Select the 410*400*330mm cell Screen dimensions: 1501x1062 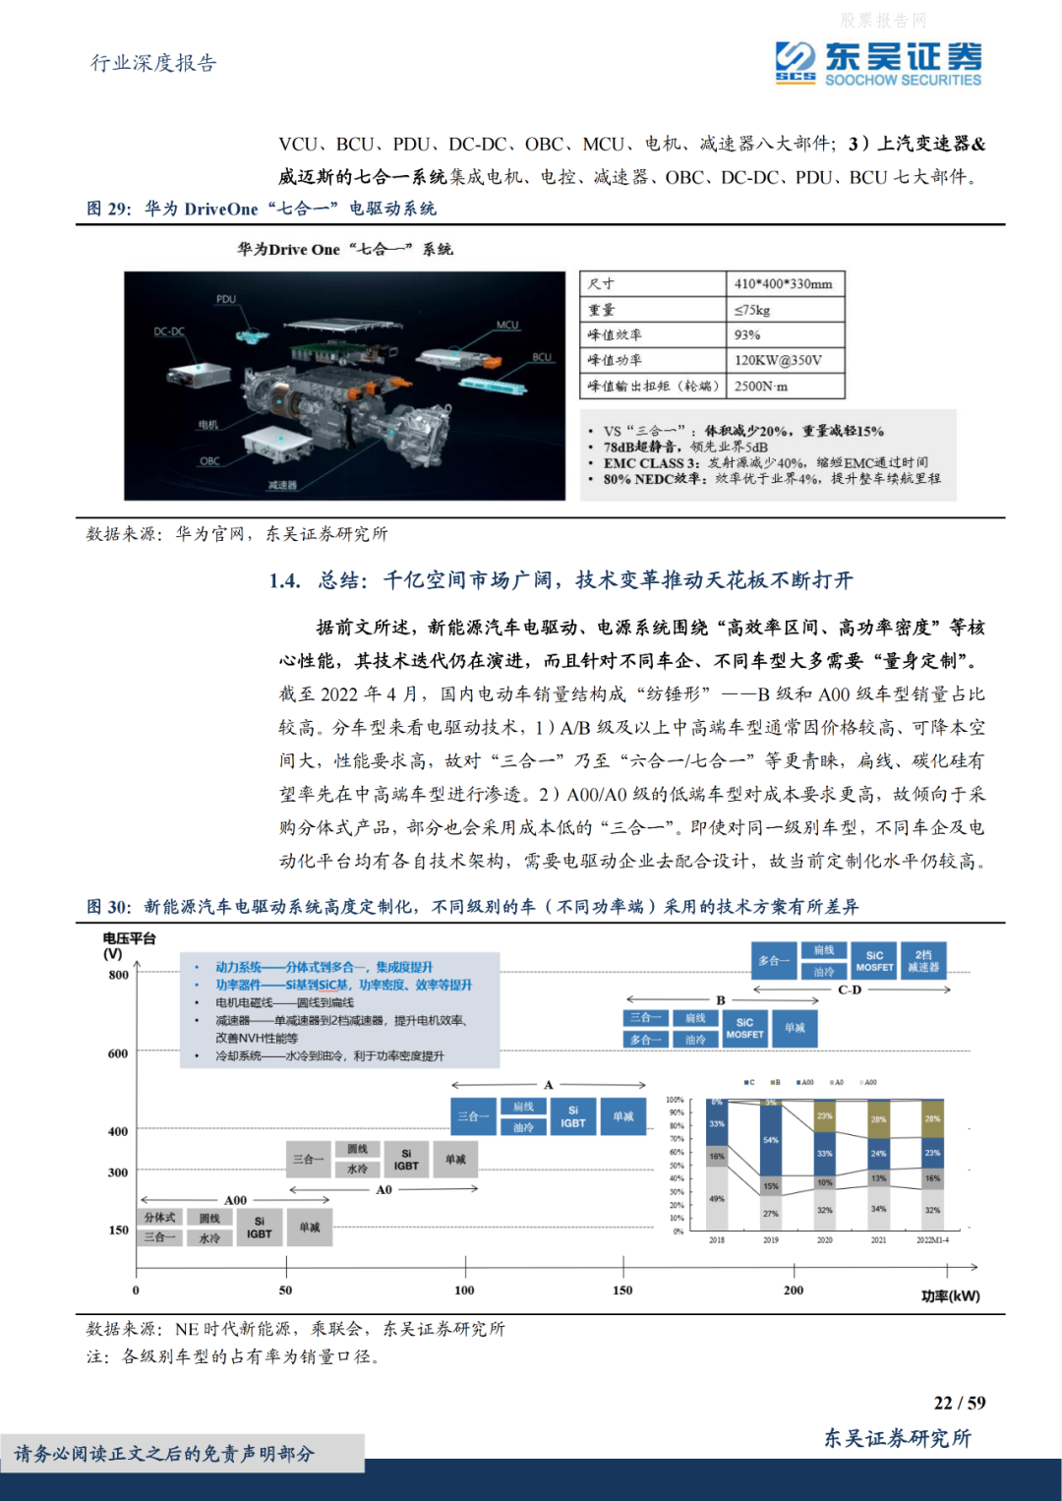[783, 283]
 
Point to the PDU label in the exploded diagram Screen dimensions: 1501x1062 [226, 299]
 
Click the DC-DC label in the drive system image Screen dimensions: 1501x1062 [169, 331]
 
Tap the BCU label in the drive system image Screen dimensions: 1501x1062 [542, 357]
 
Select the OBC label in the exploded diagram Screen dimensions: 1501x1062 [209, 460]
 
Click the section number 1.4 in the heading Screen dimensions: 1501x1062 [284, 580]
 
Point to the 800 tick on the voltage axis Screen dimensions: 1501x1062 [118, 975]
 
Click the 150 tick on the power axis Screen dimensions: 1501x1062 [622, 1290]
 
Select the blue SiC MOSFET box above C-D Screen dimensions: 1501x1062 [874, 961]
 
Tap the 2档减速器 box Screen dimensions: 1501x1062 [923, 961]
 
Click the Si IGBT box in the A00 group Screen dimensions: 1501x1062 [259, 1228]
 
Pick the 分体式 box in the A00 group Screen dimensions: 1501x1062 [159, 1218]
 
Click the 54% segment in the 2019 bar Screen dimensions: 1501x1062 [771, 1140]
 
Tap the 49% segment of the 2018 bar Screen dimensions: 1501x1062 [717, 1198]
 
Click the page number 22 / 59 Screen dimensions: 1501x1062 [959, 1403]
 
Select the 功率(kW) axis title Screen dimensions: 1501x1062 [950, 1295]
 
